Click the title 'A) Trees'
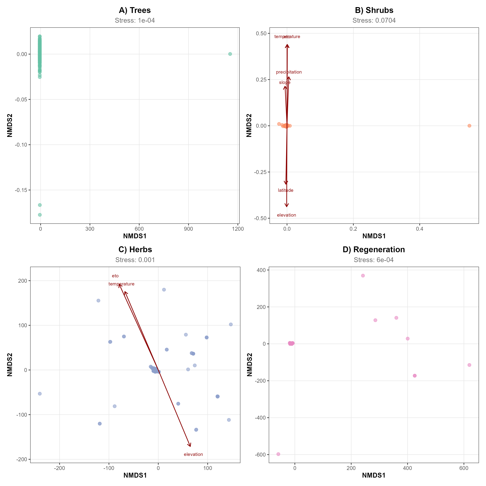135,10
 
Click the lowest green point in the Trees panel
40,215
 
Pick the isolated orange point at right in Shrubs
469,126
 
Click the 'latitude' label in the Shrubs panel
285,190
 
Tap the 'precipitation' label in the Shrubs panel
289,72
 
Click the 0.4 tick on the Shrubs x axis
420,229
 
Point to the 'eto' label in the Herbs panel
115,276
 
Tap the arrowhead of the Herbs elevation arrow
190,446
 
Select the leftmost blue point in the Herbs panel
40,394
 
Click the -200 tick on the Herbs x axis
59,468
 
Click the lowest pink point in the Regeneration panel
278,454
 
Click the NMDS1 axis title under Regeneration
374,475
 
